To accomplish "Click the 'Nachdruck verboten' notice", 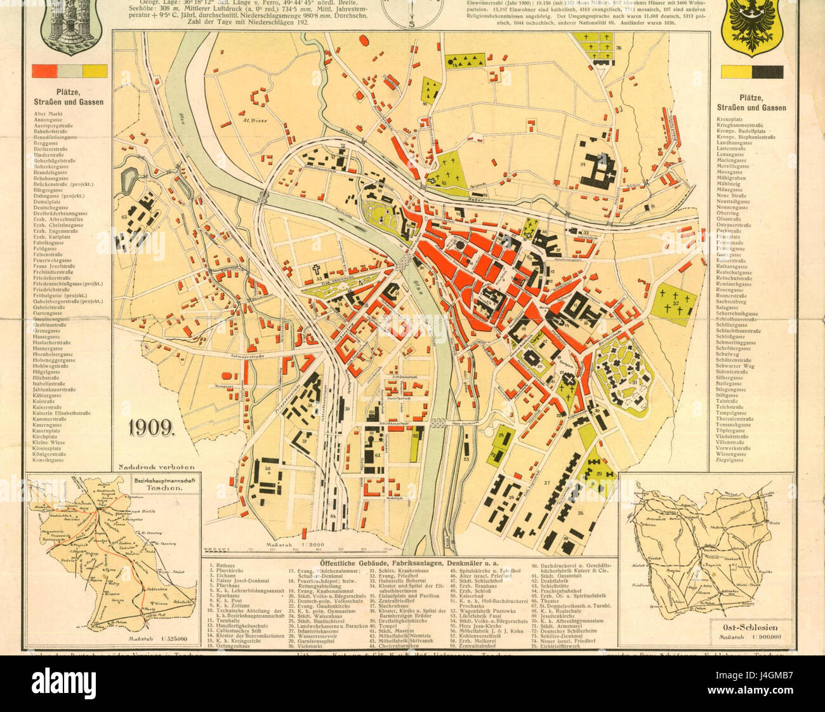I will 155,467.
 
